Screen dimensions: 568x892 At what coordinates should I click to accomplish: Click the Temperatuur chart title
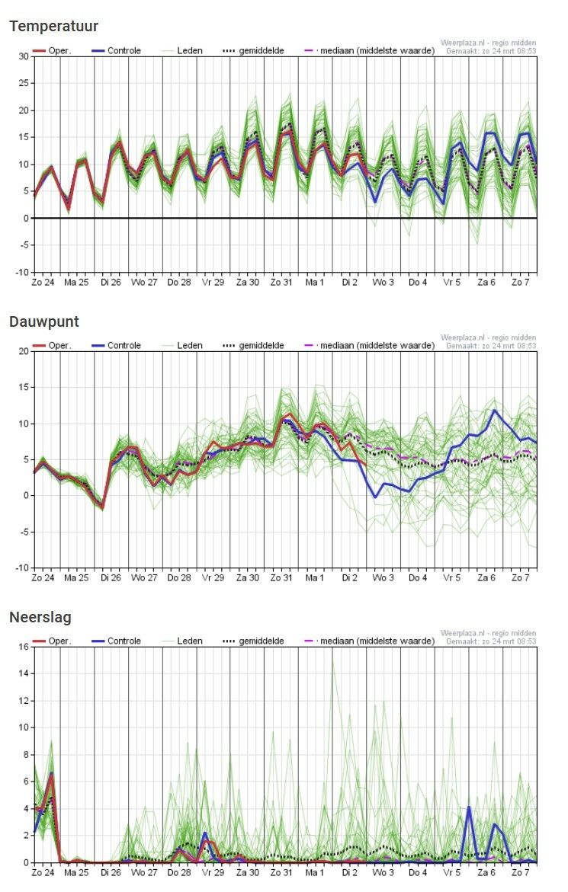coord(53,26)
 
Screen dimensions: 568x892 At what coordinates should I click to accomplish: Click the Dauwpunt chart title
coord(43,322)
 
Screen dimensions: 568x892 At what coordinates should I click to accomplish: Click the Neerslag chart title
coord(40,617)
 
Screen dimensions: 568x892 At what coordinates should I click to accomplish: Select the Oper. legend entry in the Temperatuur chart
coord(52,50)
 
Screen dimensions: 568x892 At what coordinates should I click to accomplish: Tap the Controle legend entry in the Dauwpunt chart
coord(116,345)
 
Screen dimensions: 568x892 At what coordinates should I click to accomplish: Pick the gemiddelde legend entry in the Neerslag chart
coord(253,641)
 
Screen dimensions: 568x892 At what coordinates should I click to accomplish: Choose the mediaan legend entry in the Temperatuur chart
coord(369,50)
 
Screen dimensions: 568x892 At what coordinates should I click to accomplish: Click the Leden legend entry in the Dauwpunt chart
coord(182,345)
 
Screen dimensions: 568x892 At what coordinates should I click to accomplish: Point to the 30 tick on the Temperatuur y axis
coord(24,56)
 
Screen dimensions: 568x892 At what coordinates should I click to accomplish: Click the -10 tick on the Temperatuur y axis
coord(21,273)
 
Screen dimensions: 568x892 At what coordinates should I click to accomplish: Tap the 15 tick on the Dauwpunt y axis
coord(24,388)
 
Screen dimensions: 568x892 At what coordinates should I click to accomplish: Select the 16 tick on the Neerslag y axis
coord(24,647)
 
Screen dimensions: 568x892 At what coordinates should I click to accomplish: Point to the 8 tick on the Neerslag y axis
coord(26,755)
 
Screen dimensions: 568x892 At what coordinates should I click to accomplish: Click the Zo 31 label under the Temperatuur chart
coord(281,282)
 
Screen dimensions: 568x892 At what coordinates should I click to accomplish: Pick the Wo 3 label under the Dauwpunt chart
coord(383,578)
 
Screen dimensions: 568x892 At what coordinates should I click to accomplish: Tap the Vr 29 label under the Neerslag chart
coord(213,873)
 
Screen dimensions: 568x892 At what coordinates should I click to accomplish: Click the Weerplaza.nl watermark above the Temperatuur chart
coord(488,43)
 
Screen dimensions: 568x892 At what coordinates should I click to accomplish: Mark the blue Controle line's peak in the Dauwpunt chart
coord(495,410)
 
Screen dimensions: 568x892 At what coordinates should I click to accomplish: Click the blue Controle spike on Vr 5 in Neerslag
coord(469,807)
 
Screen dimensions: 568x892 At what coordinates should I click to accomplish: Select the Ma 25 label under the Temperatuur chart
coord(76,282)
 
